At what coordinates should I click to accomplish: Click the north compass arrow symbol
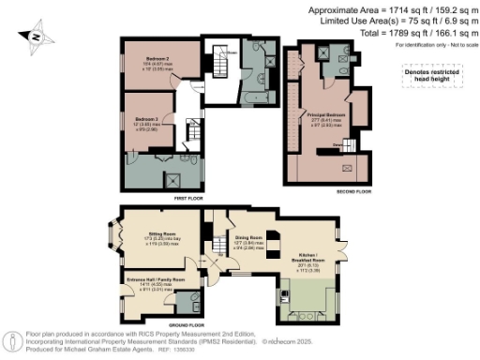(x=35, y=37)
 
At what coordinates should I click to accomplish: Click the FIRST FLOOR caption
(x=187, y=198)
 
